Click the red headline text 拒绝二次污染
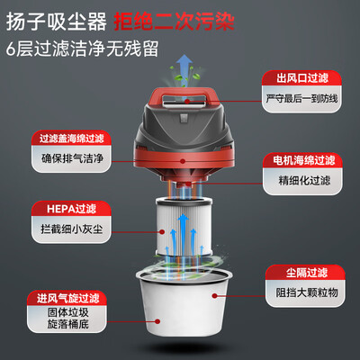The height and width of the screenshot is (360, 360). pyautogui.click(x=175, y=22)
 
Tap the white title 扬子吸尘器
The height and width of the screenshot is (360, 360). pyautogui.click(x=57, y=22)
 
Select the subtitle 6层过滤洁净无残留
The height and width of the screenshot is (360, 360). pyautogui.click(x=82, y=49)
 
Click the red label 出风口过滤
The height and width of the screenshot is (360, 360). pyautogui.click(x=302, y=78)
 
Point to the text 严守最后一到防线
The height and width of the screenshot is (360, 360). pyautogui.click(x=301, y=98)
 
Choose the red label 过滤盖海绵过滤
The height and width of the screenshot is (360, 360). pyautogui.click(x=72, y=139)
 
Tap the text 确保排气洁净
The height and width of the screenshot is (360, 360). pyautogui.click(x=72, y=158)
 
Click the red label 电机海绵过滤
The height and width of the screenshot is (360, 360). pyautogui.click(x=303, y=160)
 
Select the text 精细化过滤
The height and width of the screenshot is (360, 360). pyautogui.click(x=304, y=181)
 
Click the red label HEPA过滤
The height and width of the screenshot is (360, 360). pyautogui.click(x=71, y=209)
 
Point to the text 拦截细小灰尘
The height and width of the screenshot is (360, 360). pyautogui.click(x=72, y=229)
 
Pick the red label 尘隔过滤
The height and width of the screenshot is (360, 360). pyautogui.click(x=306, y=273)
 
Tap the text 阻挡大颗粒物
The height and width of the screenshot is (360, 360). pyautogui.click(x=307, y=292)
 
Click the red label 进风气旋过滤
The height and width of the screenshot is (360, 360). pyautogui.click(x=67, y=298)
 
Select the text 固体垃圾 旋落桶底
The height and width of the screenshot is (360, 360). pyautogui.click(x=67, y=319)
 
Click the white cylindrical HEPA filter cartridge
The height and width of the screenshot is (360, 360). pyautogui.click(x=184, y=227)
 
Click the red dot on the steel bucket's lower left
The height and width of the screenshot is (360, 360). pyautogui.click(x=157, y=321)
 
